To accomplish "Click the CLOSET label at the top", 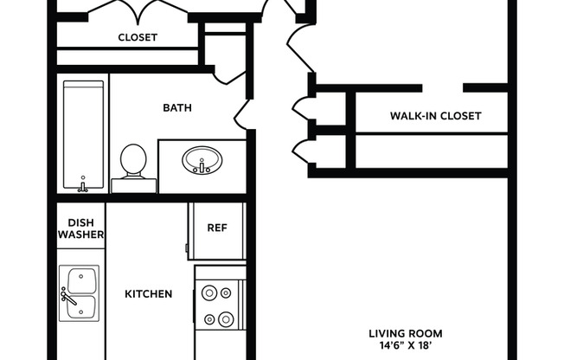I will (x=137, y=37).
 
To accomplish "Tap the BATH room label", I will (x=177, y=108).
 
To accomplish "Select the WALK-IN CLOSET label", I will (x=435, y=116).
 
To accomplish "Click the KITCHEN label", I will (x=148, y=294).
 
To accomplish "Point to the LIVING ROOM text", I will (x=406, y=333).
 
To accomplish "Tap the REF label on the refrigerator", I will (x=216, y=228).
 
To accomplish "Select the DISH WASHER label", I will (x=80, y=228).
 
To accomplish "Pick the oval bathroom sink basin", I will (x=202, y=160).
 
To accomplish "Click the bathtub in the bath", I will (x=83, y=134).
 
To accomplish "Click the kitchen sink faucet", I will (x=66, y=295).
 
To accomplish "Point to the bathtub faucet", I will (x=83, y=186).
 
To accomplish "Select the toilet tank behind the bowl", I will (x=133, y=184).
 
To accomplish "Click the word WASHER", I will (x=80, y=235).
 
